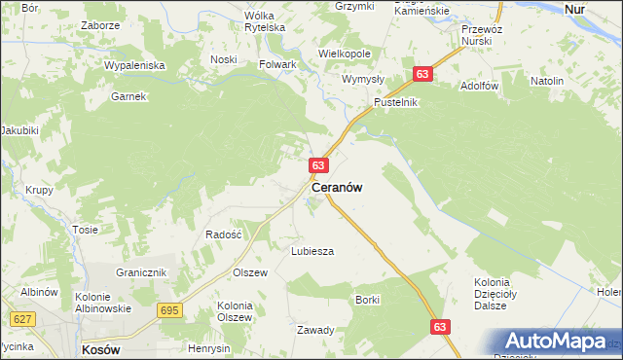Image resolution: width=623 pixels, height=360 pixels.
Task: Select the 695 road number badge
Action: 168,309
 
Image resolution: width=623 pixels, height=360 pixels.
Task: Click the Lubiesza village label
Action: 312,251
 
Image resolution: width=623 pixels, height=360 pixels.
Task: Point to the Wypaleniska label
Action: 135,65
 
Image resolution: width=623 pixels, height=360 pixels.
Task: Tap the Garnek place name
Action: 128,96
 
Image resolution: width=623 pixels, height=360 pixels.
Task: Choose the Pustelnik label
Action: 396,102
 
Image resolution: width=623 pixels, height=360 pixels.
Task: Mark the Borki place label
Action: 367,300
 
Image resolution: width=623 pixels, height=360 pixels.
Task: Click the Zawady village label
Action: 315,330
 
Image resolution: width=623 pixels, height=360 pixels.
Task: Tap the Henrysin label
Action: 209,348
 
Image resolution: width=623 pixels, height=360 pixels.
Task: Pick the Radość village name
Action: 223,234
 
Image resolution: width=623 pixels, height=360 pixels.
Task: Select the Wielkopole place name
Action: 344,54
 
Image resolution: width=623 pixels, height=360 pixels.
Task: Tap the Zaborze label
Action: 100,26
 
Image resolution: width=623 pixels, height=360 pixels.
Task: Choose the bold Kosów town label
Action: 101,348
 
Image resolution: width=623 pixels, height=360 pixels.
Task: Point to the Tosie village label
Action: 85,231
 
